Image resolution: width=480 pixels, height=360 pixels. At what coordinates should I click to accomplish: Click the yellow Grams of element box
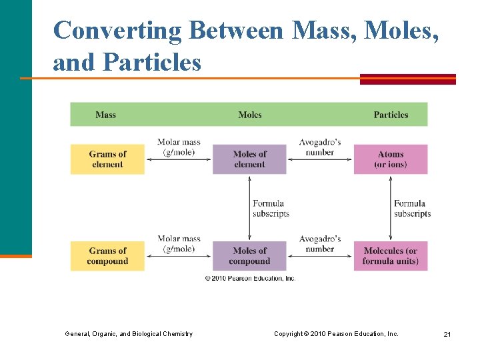tap(107, 159)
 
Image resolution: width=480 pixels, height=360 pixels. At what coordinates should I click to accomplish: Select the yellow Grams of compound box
tap(107, 256)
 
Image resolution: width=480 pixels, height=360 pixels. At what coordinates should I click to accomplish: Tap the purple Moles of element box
tap(249, 159)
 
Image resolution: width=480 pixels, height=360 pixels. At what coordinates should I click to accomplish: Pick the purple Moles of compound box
tap(249, 256)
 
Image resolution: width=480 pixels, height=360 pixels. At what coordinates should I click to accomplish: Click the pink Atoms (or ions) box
tap(391, 159)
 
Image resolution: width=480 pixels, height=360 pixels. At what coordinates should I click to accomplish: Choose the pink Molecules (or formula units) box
tap(391, 256)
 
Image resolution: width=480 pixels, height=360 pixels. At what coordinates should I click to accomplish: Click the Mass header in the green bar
tap(105, 115)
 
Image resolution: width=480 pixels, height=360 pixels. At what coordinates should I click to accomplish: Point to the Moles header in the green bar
tap(250, 115)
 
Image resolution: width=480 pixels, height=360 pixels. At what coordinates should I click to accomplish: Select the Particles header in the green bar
tap(391, 115)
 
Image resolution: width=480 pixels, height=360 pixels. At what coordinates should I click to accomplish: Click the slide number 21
tap(447, 334)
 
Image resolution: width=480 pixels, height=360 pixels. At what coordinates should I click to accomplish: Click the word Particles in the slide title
tap(152, 63)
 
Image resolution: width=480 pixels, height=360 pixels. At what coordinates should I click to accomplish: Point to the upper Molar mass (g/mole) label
tap(179, 147)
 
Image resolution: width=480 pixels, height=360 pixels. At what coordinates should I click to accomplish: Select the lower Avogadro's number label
tap(320, 244)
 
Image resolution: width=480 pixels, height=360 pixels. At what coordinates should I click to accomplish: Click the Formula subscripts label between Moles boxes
tap(271, 209)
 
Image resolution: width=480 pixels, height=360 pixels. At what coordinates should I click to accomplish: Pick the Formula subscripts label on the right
tap(412, 209)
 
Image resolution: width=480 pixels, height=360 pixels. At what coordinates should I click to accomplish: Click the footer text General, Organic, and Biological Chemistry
tap(129, 334)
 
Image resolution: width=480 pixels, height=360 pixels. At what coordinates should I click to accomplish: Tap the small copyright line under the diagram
tap(250, 278)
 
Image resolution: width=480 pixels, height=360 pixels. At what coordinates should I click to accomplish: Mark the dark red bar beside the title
tap(407, 79)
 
